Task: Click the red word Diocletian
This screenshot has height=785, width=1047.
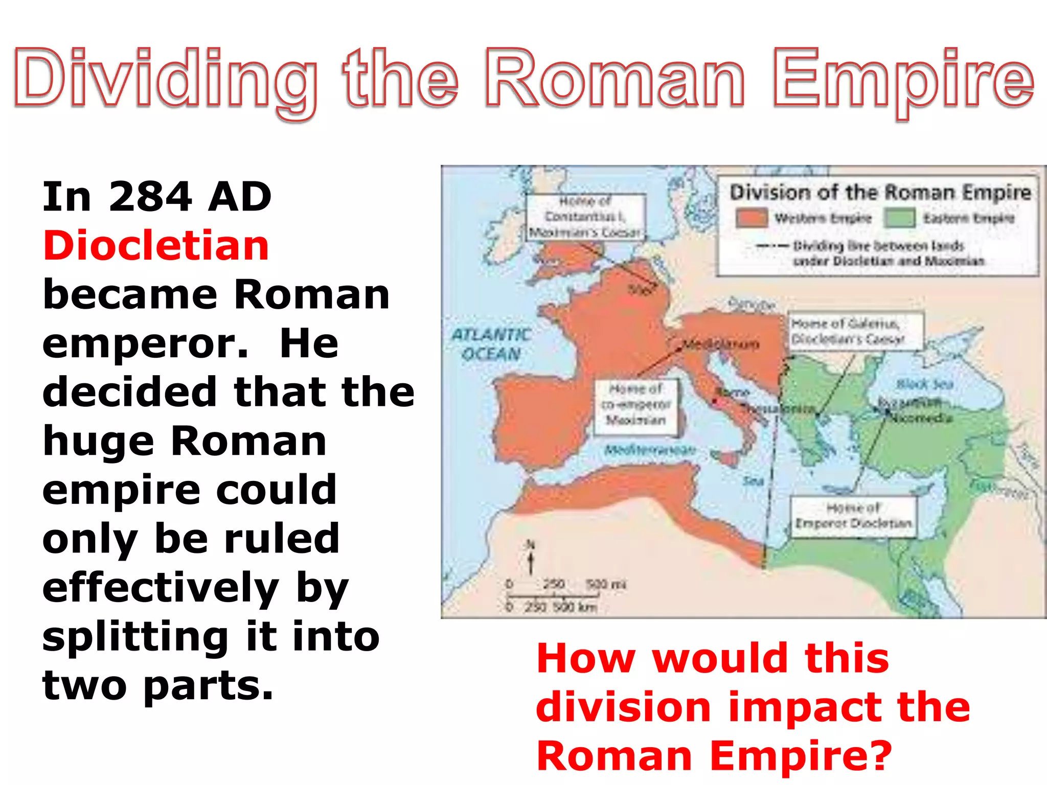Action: point(156,246)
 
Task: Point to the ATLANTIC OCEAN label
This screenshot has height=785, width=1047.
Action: point(491,344)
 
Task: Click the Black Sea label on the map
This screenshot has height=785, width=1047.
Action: point(925,384)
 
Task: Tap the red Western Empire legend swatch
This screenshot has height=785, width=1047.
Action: point(752,218)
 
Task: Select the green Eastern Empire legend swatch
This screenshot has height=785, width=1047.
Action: point(899,218)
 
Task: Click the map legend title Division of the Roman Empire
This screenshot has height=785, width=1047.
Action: point(880,193)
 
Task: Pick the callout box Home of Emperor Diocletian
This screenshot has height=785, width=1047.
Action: point(853,516)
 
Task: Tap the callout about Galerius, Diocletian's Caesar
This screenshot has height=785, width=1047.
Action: point(854,331)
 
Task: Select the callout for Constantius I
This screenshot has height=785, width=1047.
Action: point(585,217)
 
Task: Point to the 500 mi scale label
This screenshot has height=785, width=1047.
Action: point(606,584)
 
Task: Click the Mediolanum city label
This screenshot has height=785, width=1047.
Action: point(721,344)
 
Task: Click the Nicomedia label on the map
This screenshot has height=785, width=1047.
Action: point(921,418)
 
